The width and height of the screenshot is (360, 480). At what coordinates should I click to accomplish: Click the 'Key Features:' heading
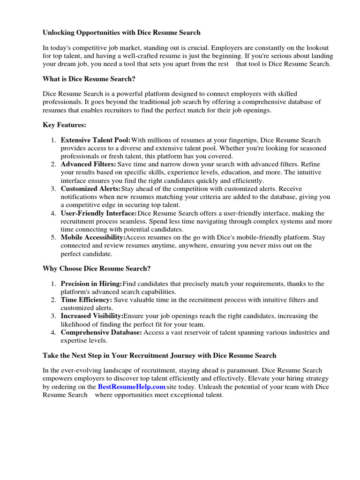point(64,125)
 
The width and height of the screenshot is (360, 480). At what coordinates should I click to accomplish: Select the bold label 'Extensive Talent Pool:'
point(96,140)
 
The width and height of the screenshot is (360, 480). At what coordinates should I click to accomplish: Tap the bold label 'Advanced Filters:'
point(89,165)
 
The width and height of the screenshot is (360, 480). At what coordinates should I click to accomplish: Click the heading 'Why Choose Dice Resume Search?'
point(97,269)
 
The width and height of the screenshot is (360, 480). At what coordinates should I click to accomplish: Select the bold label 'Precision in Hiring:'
point(91,284)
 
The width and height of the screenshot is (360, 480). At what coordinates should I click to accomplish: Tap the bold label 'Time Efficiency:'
point(86,300)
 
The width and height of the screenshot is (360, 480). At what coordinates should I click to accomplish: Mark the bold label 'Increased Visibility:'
point(92,316)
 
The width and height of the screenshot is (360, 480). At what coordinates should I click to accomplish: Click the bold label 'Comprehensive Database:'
point(101,332)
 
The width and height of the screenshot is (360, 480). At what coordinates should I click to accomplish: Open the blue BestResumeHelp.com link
point(132,387)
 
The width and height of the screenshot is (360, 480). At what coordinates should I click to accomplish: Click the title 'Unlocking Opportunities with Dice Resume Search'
point(121,32)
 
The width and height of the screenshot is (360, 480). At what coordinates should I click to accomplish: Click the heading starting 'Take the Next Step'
point(159,356)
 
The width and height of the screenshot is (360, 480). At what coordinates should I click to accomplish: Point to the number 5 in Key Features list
point(53,238)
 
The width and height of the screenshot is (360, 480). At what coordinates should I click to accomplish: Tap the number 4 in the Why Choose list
point(53,332)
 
